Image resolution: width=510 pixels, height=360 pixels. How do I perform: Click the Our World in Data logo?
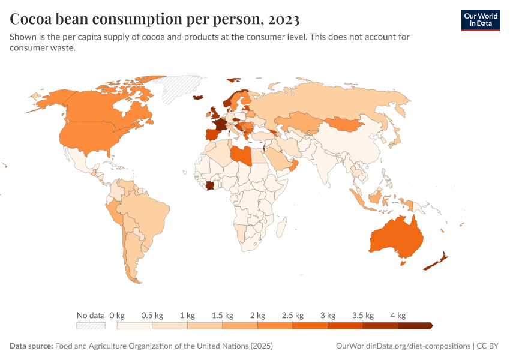(481, 19)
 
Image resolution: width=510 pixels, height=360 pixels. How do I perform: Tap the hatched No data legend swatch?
(91, 326)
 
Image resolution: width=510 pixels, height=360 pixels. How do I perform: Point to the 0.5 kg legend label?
(152, 315)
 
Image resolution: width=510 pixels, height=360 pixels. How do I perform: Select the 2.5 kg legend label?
(292, 315)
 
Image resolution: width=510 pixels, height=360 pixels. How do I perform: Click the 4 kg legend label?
(398, 315)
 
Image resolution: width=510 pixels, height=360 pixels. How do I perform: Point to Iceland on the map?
(198, 97)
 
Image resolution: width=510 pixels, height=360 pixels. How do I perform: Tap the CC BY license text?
(490, 346)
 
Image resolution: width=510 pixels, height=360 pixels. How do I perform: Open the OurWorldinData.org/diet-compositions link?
(402, 346)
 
